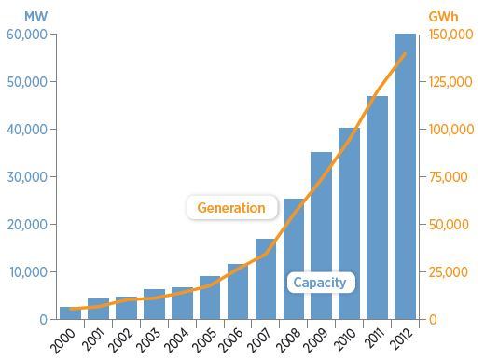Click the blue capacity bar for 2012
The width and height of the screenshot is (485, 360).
point(405,176)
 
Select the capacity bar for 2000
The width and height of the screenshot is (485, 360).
point(70,313)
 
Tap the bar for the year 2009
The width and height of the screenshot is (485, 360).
point(321,236)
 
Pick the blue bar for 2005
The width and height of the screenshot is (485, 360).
point(210,298)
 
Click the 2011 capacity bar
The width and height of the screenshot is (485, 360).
point(377,208)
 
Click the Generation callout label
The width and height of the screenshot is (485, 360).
point(231,208)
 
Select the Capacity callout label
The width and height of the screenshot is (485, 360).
point(320,283)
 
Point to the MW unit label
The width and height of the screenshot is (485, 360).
point(35,17)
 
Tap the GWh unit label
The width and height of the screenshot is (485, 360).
point(443,17)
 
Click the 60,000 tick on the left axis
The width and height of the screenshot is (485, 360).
point(27,35)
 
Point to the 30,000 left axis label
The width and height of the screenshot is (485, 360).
point(27,177)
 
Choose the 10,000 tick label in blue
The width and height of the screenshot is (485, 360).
point(28,272)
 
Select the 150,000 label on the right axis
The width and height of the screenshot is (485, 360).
point(451,35)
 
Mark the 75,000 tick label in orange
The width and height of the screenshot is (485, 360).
point(449,177)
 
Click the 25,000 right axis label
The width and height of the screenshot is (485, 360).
point(449,272)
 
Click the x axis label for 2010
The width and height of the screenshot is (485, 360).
point(344,340)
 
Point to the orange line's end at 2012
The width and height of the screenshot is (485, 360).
point(405,54)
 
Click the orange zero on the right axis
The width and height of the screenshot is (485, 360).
point(433,320)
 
